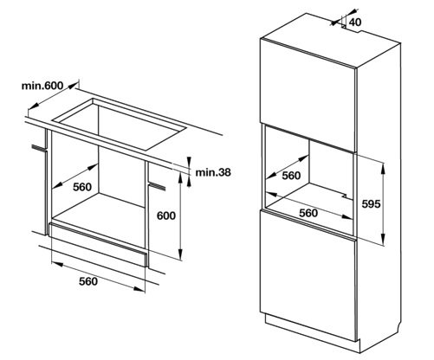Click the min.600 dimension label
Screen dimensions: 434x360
point(42,86)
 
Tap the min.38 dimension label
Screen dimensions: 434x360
point(213,172)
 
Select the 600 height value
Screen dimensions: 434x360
point(166,215)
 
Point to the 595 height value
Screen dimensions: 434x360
point(371,204)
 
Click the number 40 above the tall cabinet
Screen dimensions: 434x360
point(355,22)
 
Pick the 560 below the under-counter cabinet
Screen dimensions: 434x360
point(88,281)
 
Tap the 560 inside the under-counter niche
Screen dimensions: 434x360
point(82,187)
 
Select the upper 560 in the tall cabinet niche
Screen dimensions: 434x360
point(291,176)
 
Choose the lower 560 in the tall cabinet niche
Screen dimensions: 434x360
point(308,213)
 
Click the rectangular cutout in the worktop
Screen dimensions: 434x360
point(119,124)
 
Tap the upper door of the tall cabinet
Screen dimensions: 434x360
point(308,95)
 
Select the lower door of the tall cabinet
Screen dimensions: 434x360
point(308,275)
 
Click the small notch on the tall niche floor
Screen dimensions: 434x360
point(345,196)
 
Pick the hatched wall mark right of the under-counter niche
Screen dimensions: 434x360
point(157,186)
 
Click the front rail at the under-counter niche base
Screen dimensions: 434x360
point(99,244)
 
